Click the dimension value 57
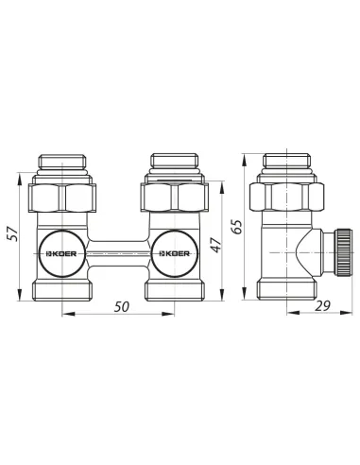[13, 233]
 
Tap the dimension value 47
[216, 244]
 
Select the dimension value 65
[237, 226]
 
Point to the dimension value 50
[122, 306]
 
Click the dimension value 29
[323, 306]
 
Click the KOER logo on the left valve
[62, 253]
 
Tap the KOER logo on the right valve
[174, 253]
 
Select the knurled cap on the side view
[343, 253]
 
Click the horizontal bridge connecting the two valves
[118, 253]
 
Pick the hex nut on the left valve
[62, 198]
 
